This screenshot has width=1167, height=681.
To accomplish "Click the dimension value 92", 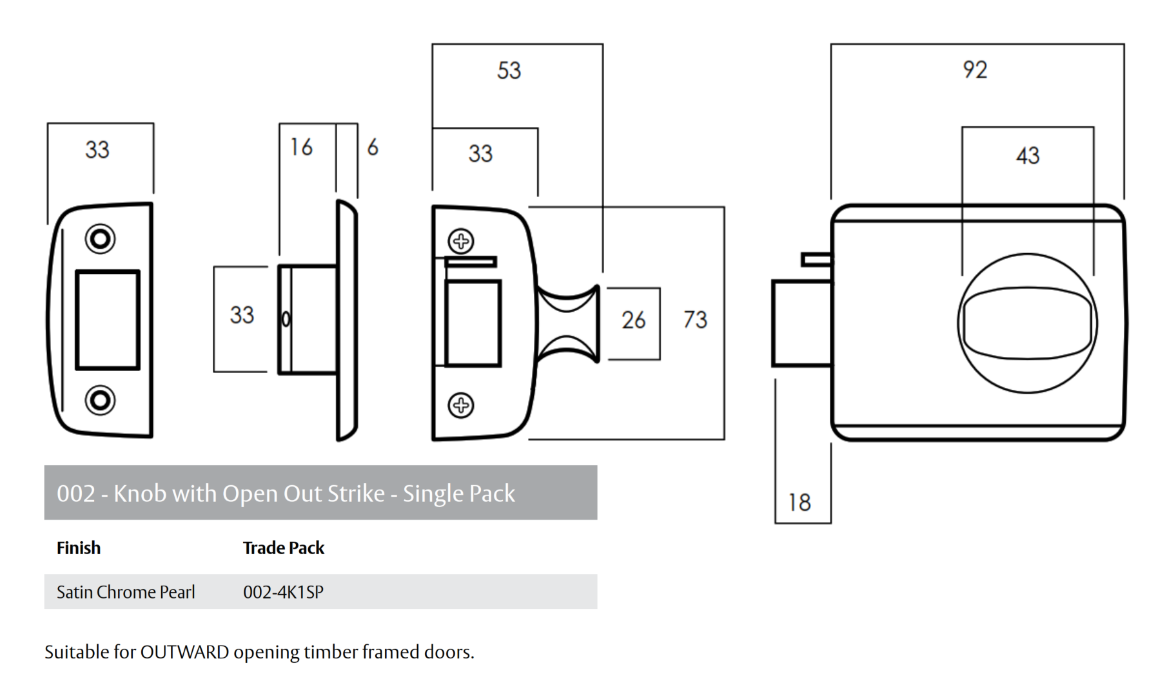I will click(x=974, y=70).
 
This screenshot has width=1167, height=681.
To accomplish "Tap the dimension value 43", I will click(x=1028, y=155).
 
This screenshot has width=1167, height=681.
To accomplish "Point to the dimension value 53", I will click(x=509, y=70).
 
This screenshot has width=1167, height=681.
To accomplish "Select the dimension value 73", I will click(x=695, y=320).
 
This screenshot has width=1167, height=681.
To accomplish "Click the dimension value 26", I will click(x=633, y=320).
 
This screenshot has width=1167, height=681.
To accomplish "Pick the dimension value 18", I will click(x=799, y=503).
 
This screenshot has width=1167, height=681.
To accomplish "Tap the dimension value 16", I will click(x=301, y=147).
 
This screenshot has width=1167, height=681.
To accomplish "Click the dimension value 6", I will click(x=373, y=148).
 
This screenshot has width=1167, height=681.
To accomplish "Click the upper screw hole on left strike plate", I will click(x=100, y=239).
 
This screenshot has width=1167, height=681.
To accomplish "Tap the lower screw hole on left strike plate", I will click(x=100, y=400).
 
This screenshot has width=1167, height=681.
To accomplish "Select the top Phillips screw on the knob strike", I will click(x=461, y=242).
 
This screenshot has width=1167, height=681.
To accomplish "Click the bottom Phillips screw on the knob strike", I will click(x=461, y=405).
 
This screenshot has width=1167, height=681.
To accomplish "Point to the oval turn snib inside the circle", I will click(x=1028, y=323).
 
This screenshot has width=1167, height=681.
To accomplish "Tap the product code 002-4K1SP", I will click(x=283, y=592).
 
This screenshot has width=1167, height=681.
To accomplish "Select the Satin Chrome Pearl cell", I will click(x=126, y=592).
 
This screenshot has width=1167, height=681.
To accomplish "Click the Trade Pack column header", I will click(x=283, y=548).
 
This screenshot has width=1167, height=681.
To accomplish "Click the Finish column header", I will click(x=79, y=548).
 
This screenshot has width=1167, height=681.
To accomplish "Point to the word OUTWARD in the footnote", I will click(x=184, y=652).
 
